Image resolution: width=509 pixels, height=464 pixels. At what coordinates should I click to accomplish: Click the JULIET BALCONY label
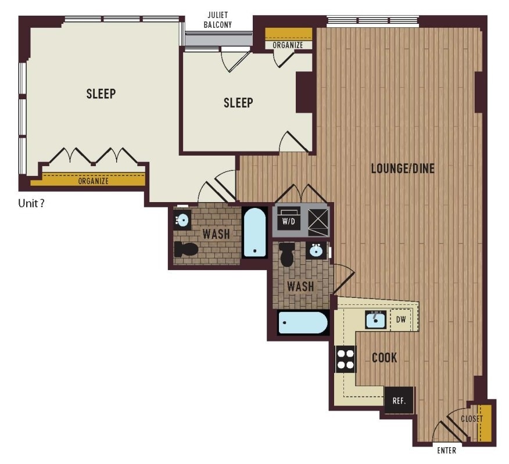[x=217, y=20]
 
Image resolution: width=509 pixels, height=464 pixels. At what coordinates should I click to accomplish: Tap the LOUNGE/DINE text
[x=403, y=168]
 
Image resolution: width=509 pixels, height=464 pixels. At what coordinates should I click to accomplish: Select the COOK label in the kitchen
[x=384, y=358]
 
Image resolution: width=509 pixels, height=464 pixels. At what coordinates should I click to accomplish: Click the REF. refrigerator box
[x=399, y=400]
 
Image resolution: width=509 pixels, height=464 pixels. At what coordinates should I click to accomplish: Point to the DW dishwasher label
[x=401, y=319]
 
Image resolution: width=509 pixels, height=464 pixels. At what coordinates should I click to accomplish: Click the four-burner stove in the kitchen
[x=345, y=359]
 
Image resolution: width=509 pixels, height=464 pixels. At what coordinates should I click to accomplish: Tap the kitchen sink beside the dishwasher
[x=375, y=319]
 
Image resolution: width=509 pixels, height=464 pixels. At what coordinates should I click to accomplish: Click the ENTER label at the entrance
[x=446, y=451]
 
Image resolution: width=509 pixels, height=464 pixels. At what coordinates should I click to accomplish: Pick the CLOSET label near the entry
[x=472, y=419]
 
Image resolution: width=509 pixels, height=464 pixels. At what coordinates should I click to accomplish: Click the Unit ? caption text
[x=31, y=203]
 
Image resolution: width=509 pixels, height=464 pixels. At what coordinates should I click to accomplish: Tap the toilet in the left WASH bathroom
[x=186, y=249]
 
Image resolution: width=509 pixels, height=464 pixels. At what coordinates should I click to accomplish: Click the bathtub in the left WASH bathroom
[x=255, y=232]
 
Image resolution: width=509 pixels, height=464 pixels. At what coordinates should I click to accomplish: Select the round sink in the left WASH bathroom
[x=182, y=220]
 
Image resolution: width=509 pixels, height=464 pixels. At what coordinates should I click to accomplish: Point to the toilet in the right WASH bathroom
[x=286, y=255]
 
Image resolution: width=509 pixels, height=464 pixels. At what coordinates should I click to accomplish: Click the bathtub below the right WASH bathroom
[x=303, y=322]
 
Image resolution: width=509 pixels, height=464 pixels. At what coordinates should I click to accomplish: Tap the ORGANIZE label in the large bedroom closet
[x=93, y=181]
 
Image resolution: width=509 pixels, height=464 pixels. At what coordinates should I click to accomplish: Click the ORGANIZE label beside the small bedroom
[x=288, y=45]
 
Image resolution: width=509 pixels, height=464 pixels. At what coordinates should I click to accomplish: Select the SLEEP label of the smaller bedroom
[x=238, y=103]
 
